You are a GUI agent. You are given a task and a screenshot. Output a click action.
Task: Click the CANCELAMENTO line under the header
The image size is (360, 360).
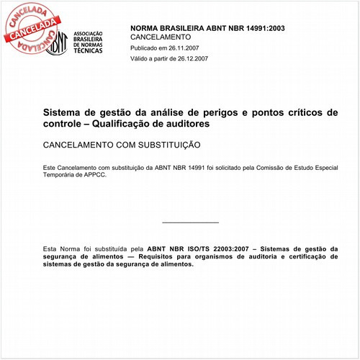(161, 36)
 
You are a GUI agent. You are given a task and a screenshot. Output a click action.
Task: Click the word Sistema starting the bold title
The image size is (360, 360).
(63, 113)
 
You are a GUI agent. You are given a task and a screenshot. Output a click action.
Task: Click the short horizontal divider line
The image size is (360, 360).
(190, 222)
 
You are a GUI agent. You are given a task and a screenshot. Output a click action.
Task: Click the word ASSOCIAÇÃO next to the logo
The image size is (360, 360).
(89, 33)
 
